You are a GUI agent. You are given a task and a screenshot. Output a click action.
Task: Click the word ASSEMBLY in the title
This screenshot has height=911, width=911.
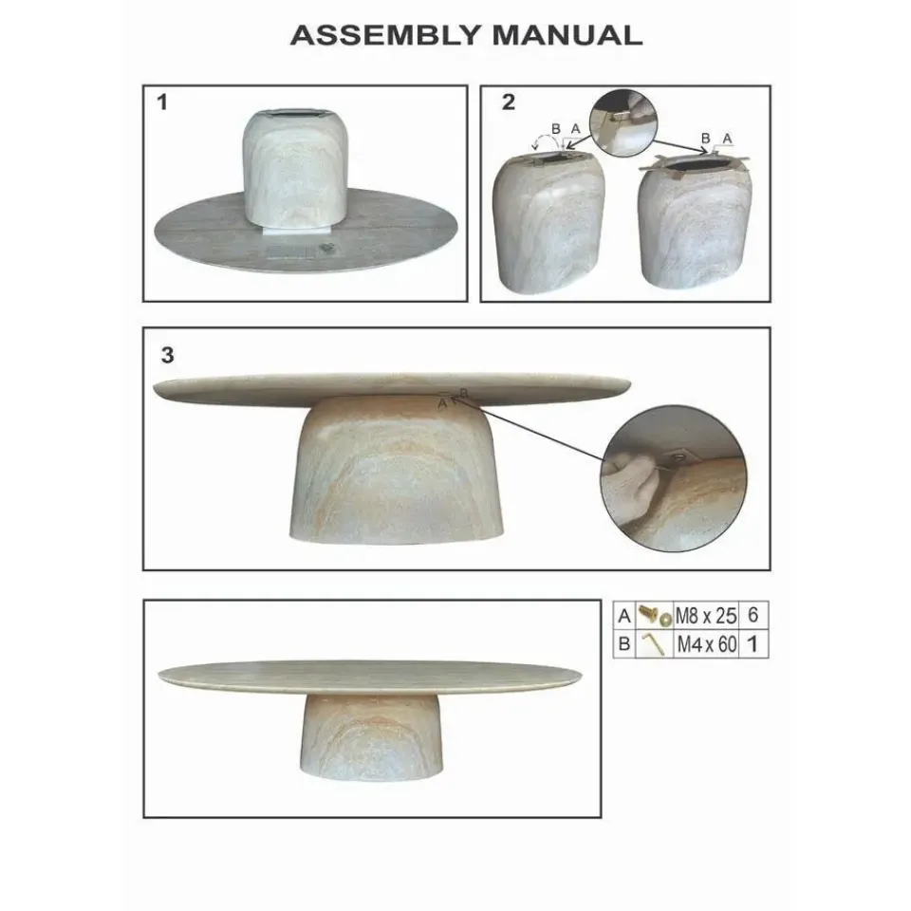click(386, 36)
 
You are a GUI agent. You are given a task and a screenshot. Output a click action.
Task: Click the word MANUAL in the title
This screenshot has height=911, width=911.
click(567, 36)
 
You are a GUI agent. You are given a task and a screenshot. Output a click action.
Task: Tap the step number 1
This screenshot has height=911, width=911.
click(162, 102)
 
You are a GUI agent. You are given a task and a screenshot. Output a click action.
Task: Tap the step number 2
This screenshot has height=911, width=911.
click(509, 102)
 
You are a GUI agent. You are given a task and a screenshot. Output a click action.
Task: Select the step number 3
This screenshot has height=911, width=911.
click(167, 355)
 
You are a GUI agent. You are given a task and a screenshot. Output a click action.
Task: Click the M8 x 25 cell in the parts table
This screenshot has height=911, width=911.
click(705, 616)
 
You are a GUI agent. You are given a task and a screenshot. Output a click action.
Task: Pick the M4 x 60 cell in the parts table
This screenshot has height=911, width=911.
click(705, 644)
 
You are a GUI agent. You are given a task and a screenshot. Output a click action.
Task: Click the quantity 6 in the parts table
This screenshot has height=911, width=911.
click(753, 615)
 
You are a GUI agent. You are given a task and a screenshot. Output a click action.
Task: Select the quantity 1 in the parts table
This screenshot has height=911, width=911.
click(753, 644)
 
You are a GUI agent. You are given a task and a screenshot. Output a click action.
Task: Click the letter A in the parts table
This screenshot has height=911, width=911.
click(624, 616)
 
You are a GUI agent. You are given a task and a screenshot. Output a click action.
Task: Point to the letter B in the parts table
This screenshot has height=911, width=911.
click(624, 644)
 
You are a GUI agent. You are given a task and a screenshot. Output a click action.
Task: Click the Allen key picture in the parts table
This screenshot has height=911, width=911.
click(652, 643)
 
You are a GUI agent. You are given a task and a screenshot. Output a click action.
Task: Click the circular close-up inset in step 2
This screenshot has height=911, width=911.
click(623, 123)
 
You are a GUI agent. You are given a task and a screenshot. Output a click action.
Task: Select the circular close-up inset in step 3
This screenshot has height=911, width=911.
click(674, 478)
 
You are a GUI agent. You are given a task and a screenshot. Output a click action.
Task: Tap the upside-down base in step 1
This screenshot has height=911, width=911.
click(289, 169)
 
